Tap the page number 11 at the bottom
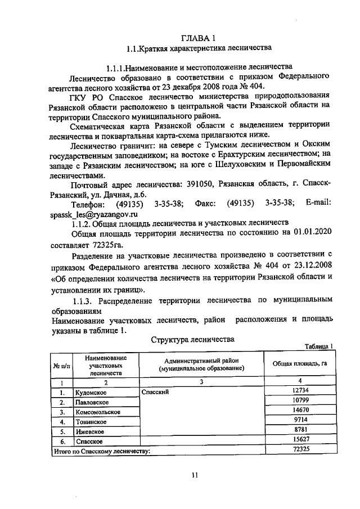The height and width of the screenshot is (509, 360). coord(195,475)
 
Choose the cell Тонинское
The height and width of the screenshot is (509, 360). coord(91,421)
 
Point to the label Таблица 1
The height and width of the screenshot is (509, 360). coord(319,346)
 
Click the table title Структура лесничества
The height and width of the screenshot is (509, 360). coord(192,340)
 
